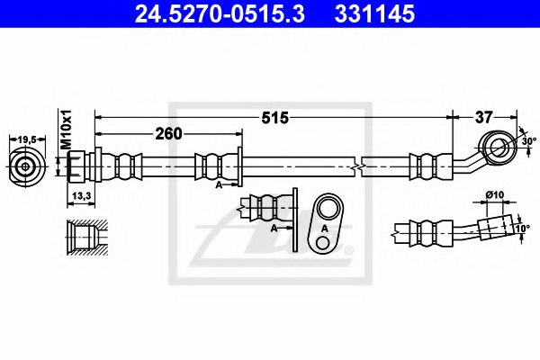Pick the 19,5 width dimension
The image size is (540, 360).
[x=29, y=139]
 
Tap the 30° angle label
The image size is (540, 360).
[x=528, y=141]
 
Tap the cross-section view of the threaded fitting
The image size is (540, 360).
[x=83, y=237]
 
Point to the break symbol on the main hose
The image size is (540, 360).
[x=359, y=166]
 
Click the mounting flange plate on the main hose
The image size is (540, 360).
[x=240, y=166]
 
